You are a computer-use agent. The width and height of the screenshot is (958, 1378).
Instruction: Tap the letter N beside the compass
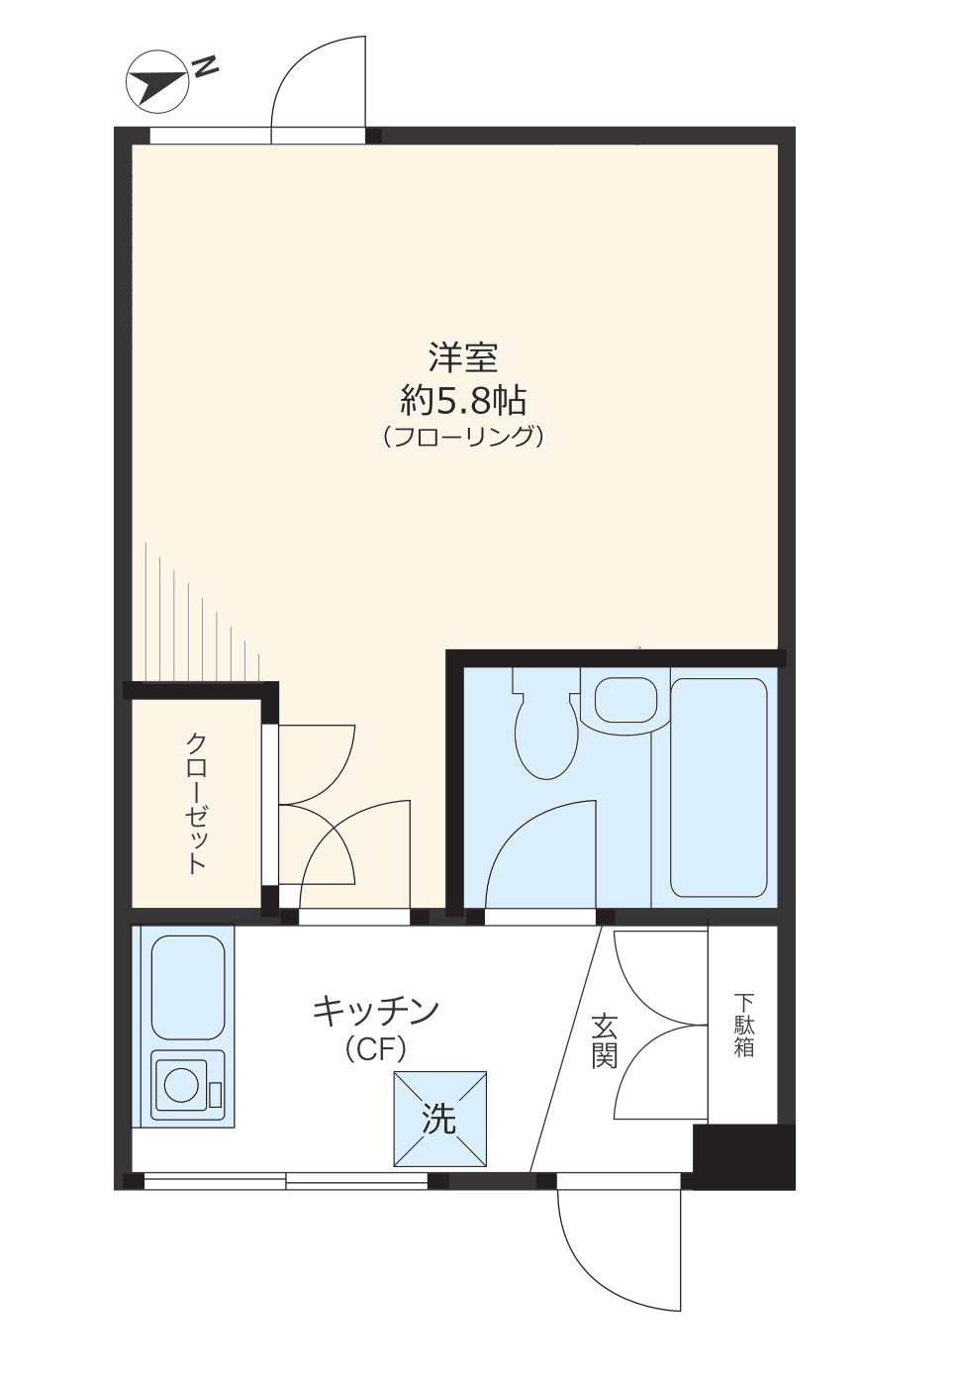point(205,67)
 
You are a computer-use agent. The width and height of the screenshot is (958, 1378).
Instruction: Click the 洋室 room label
point(463,357)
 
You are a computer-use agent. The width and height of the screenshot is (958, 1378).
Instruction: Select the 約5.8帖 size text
point(463,400)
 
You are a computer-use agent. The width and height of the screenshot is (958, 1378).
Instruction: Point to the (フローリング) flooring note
point(463,437)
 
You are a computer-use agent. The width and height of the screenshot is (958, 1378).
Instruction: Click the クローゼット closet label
point(197,802)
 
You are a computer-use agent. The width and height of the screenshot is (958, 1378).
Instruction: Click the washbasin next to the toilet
point(625,700)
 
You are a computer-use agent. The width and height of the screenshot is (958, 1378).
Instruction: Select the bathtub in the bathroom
point(718,787)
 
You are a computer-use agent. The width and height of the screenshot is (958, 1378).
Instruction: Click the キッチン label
point(376,1011)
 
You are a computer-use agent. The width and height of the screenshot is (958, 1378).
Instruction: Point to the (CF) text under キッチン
point(376,1048)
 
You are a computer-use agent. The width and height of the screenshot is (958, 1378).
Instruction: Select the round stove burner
point(181,1084)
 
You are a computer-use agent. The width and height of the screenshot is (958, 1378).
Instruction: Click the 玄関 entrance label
point(605,1040)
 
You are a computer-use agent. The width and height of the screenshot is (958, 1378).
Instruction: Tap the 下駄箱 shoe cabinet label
point(744,1026)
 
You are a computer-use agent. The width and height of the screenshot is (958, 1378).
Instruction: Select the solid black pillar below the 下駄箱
point(744,1156)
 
